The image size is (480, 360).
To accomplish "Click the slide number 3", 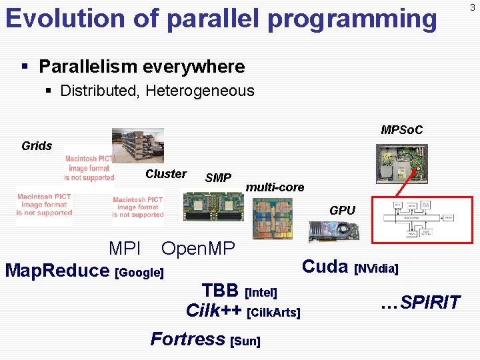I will [472, 7].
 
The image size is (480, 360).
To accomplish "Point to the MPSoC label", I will [401, 129].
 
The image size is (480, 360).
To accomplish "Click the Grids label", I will [37, 146].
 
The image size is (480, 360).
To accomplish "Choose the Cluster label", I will [166, 174].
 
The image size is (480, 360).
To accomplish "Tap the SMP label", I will [218, 178].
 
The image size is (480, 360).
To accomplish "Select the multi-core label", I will [275, 187].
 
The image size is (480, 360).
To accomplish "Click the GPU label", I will [342, 211].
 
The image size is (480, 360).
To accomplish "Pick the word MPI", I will [125, 249].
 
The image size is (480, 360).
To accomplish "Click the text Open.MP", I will [198, 249].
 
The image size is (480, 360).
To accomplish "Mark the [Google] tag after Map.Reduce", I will [139, 273].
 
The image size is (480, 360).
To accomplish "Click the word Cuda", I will [325, 267].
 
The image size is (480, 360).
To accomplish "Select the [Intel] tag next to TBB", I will [261, 293].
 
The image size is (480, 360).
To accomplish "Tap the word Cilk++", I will [213, 311].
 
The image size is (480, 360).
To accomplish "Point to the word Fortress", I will [187, 339].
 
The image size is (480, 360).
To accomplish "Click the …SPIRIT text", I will [420, 303].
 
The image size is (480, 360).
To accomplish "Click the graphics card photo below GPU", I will [333, 231].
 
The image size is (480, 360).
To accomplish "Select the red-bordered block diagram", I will [421, 219].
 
